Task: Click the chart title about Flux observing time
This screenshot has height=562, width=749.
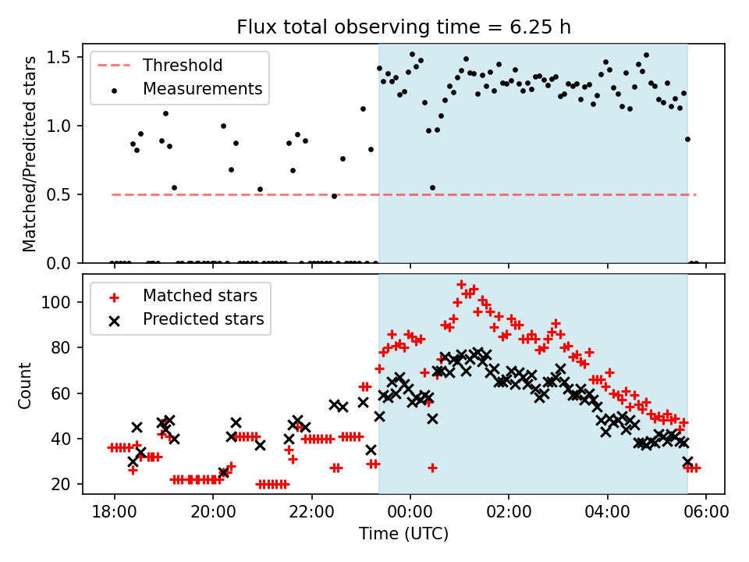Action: (x=404, y=27)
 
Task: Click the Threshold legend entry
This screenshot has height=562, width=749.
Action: (x=183, y=66)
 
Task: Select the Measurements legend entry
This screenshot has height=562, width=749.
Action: (x=202, y=89)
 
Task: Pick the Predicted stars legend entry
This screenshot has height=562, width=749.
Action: (x=203, y=319)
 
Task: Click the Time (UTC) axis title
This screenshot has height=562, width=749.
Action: (x=403, y=535)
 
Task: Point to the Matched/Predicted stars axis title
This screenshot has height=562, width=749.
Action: (x=30, y=154)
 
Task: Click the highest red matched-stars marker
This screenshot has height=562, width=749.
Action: (x=461, y=284)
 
